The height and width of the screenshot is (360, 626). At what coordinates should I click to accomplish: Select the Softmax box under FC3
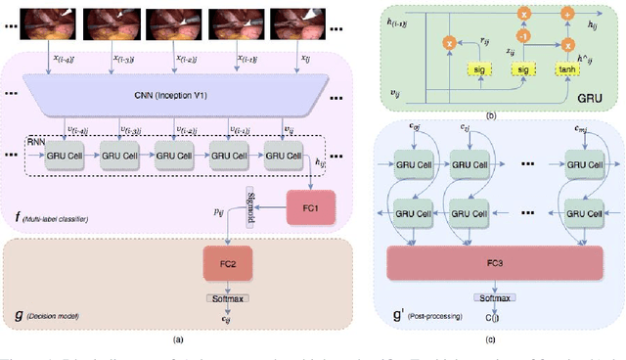pos(495,296)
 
